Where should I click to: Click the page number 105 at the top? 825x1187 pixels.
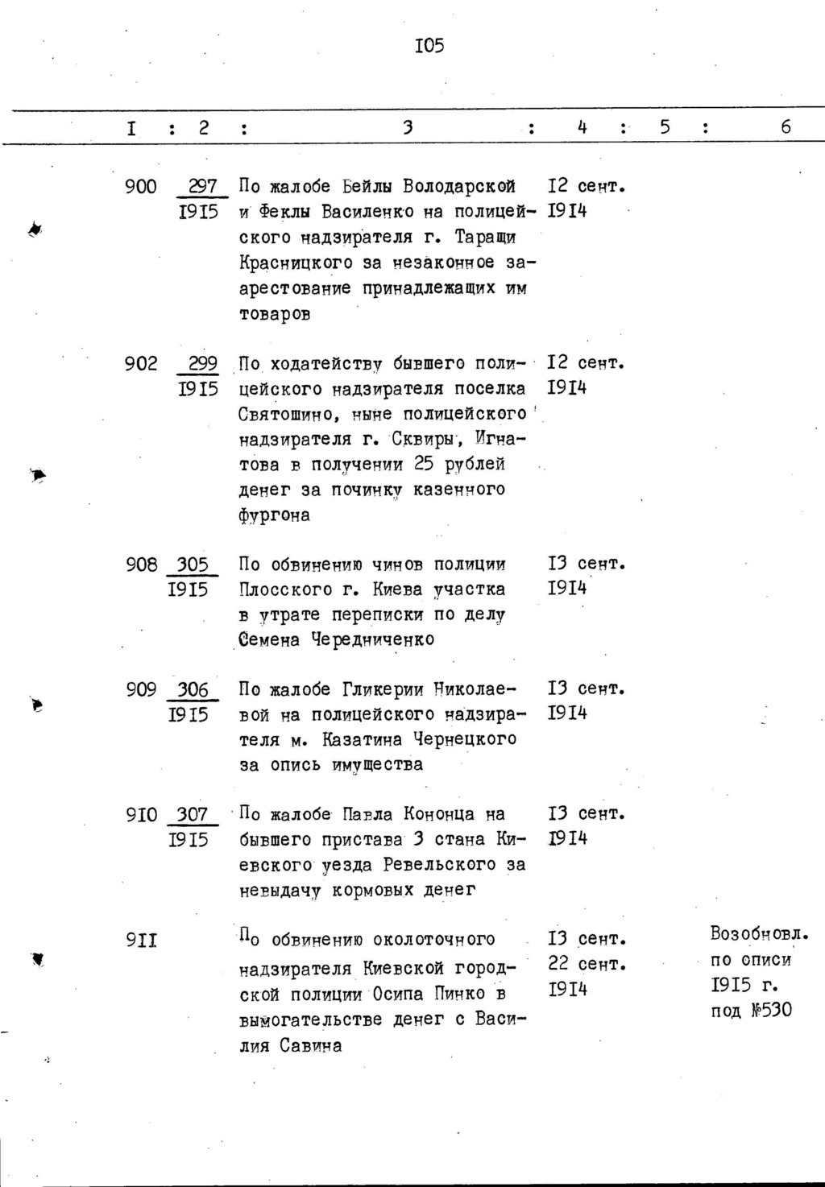coord(429,46)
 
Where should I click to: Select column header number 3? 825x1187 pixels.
coord(408,127)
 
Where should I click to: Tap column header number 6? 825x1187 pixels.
coord(786,127)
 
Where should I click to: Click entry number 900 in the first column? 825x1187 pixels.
coord(141,188)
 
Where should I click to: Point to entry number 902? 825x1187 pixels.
coord(141,364)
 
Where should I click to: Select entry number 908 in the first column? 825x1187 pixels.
coord(141,565)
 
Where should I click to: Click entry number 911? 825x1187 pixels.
coord(141,940)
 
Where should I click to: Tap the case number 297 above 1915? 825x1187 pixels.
coord(202,187)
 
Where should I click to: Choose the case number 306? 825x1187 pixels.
coord(192,689)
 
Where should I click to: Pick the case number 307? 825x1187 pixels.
coord(192,815)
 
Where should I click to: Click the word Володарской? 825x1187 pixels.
coord(459,187)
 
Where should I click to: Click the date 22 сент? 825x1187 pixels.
coord(587,964)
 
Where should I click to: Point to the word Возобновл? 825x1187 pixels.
coord(759,934)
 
